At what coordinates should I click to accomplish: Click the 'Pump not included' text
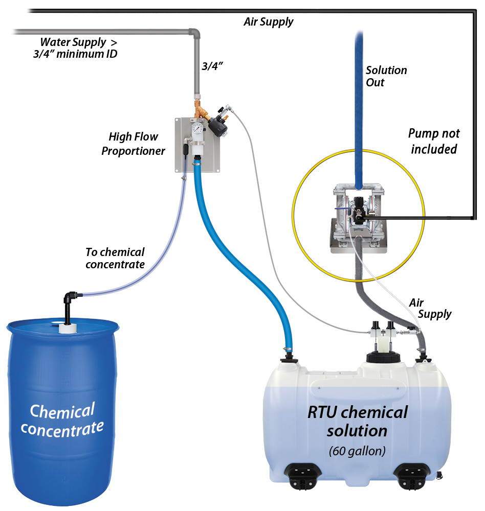pyautogui.click(x=434, y=141)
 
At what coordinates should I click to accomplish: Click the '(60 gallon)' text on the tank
pyautogui.click(x=357, y=451)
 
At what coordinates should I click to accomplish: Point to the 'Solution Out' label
pyautogui.click(x=386, y=76)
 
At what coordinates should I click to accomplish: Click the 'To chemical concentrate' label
pyautogui.click(x=115, y=258)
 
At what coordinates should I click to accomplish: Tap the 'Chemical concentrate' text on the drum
pyautogui.click(x=62, y=419)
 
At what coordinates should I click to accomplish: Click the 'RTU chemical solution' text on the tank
pyautogui.click(x=357, y=421)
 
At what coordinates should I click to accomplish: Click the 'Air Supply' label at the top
pyautogui.click(x=269, y=21)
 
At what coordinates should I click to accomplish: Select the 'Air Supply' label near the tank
pyautogui.click(x=430, y=309)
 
